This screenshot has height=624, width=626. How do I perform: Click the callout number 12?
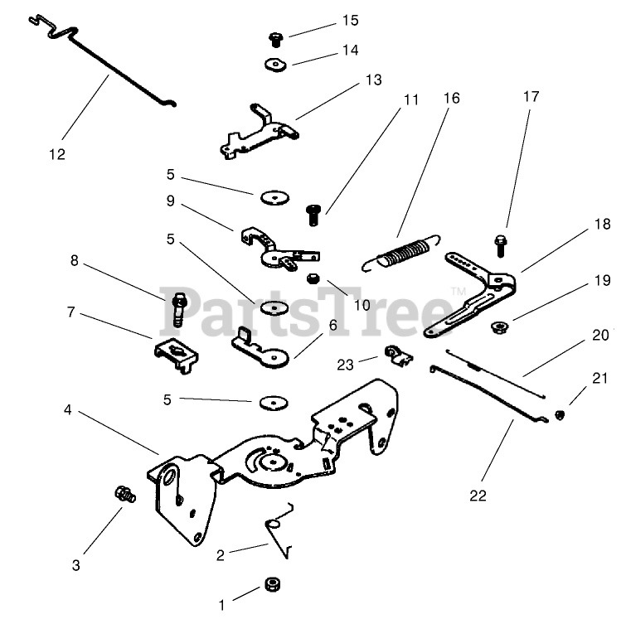pos(56,153)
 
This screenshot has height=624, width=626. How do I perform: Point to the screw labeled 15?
pos(275,37)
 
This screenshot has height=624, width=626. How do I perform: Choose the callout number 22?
pos(478,496)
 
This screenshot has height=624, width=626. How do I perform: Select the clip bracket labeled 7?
pos(177,354)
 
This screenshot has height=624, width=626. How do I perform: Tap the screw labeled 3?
pos(125,495)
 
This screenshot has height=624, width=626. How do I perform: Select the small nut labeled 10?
pos(313,278)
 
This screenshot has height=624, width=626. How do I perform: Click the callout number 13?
pos(373,80)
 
